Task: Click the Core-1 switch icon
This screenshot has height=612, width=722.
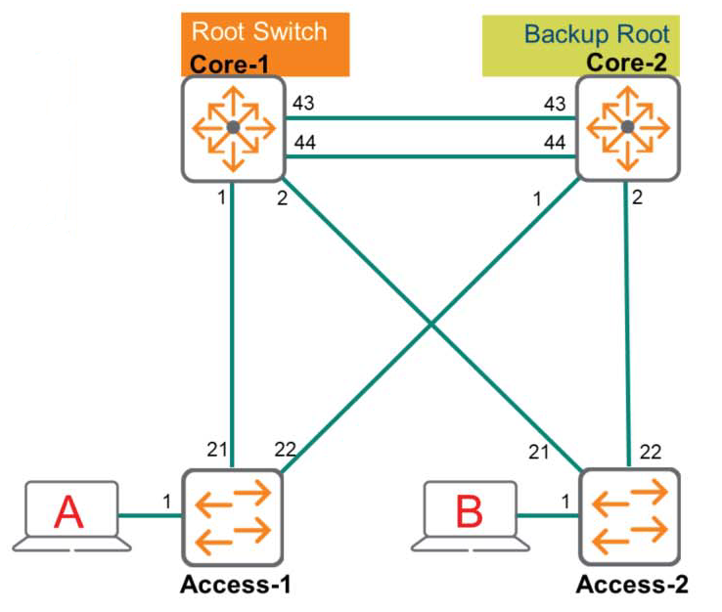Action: [x=232, y=128]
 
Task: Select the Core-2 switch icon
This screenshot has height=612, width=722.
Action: [x=627, y=128]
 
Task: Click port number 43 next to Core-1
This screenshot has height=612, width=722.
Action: [x=304, y=104]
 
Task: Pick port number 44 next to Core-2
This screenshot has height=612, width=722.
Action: [x=554, y=144]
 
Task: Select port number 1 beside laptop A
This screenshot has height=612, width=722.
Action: [x=167, y=503]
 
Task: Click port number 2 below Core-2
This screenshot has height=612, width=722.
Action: [x=638, y=198]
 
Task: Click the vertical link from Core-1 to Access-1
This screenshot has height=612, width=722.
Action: [x=233, y=323]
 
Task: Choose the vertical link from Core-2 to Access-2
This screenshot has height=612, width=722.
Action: [x=627, y=323]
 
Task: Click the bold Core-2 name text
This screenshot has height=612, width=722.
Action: [x=625, y=64]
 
